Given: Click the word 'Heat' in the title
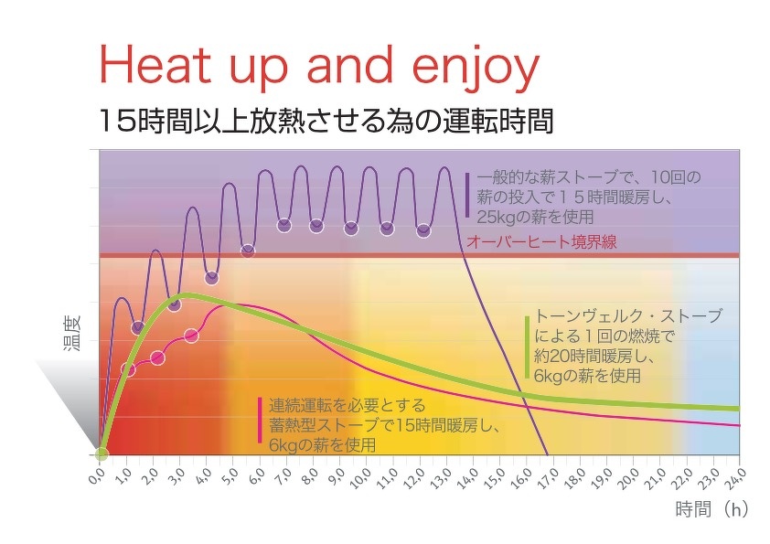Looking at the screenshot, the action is (155, 64).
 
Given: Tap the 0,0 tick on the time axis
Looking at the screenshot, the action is (97, 475).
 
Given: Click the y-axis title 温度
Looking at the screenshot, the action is (71, 334).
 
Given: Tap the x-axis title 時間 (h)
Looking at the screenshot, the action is (711, 509).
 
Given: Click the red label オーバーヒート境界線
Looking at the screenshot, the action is (541, 242).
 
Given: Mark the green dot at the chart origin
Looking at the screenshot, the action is (102, 454).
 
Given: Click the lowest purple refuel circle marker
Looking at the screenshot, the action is (138, 327).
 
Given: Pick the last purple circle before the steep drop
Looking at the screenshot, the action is (423, 230).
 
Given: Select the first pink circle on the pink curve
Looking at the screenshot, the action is (128, 369).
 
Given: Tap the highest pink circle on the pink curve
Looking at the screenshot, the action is (191, 336).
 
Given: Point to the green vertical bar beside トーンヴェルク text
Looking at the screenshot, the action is (527, 347).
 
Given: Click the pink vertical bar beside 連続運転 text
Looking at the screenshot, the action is (260, 420).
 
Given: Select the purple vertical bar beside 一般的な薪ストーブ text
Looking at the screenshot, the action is (468, 195).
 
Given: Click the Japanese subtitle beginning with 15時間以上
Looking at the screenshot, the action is (326, 122).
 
